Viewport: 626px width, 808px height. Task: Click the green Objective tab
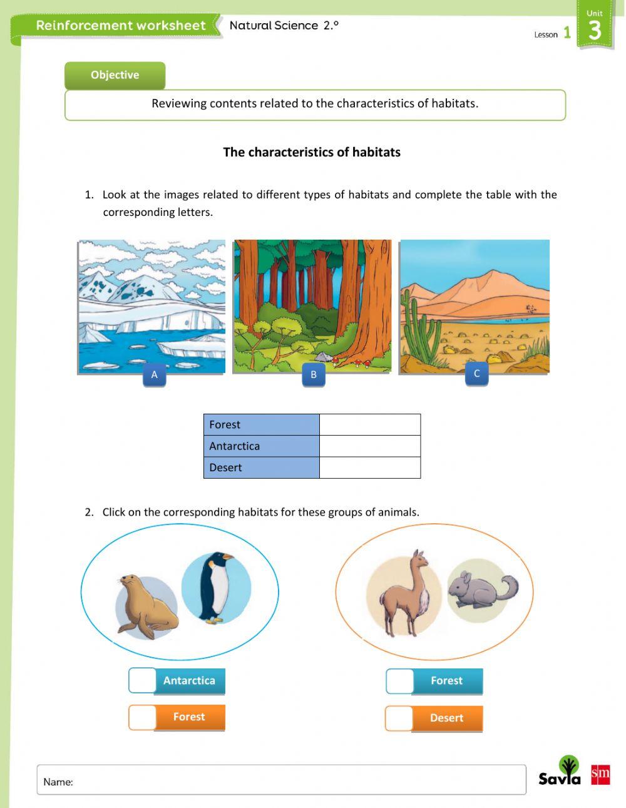coord(115,75)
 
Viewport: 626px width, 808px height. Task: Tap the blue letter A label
coord(154,375)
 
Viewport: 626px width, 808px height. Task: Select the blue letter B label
coord(314,375)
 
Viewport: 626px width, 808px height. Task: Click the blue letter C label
coord(476,374)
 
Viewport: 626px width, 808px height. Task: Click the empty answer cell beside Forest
coord(369,424)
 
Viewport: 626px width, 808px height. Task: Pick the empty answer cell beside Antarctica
coord(369,446)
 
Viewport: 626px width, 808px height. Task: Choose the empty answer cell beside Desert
coord(369,468)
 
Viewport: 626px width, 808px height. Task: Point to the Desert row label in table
coord(261,468)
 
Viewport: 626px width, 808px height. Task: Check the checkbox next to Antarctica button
coord(142,680)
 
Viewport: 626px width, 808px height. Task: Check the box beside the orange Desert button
coord(399,718)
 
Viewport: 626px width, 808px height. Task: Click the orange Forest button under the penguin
coord(189,717)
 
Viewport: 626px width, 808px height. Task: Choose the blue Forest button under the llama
coord(447,681)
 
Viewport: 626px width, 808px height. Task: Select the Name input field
coord(282,780)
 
